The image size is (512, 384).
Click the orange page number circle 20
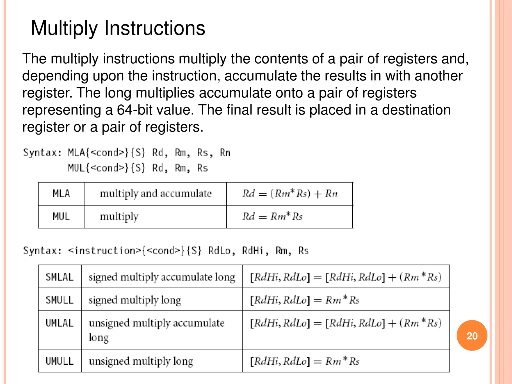pyautogui.click(x=472, y=335)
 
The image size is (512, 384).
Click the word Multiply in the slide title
pyautogui.click(x=64, y=28)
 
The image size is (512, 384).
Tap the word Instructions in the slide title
pyautogui.click(x=154, y=28)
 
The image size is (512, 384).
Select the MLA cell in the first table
pyautogui.click(x=61, y=194)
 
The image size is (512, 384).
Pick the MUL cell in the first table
pyautogui.click(x=61, y=216)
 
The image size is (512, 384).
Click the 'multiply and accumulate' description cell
pyautogui.click(x=155, y=194)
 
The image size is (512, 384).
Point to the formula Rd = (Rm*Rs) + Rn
pyautogui.click(x=290, y=194)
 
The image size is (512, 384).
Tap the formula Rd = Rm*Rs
pyautogui.click(x=272, y=216)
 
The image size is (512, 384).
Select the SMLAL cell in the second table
pyautogui.click(x=59, y=277)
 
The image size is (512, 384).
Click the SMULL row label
pyautogui.click(x=59, y=300)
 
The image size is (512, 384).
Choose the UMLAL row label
pyautogui.click(x=59, y=323)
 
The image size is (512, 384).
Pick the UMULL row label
pyautogui.click(x=59, y=361)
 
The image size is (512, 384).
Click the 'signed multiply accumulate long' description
pyautogui.click(x=162, y=277)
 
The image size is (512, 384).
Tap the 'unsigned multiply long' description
pyautogui.click(x=141, y=361)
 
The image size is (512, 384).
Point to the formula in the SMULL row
pyautogui.click(x=305, y=300)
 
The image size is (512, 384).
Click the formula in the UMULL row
pyautogui.click(x=305, y=361)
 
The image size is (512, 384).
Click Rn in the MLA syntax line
pyautogui.click(x=225, y=153)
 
